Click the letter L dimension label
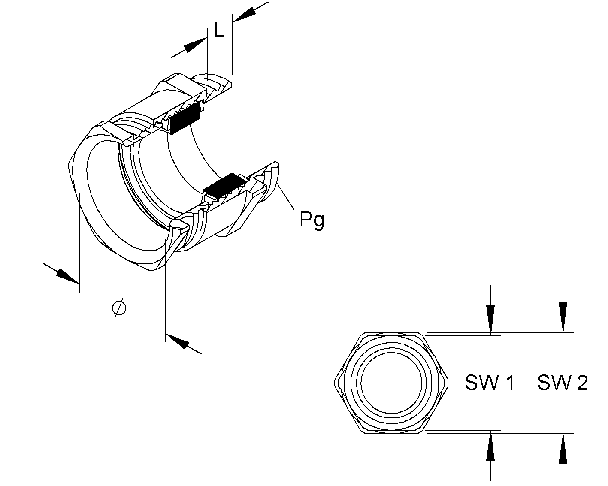[x=219, y=30]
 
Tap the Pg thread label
[x=312, y=220]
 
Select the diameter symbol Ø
[x=119, y=308]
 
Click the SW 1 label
[x=490, y=383]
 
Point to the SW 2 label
[x=563, y=383]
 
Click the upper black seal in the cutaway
[x=186, y=117]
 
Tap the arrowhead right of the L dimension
[x=244, y=14]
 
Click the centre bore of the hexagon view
[x=391, y=383]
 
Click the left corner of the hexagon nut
[x=335, y=381]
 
